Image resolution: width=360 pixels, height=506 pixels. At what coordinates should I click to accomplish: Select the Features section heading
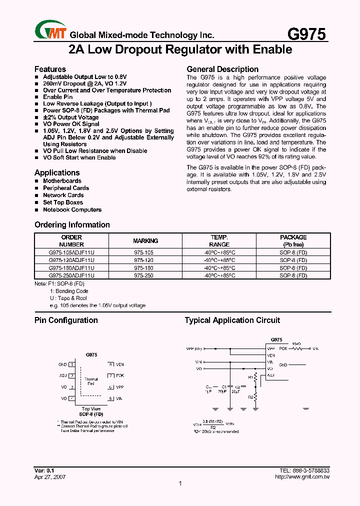click(x=50, y=69)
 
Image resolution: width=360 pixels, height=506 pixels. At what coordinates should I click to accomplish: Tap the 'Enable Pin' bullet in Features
click(x=57, y=97)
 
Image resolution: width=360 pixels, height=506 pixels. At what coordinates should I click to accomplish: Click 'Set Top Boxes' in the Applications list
click(x=62, y=202)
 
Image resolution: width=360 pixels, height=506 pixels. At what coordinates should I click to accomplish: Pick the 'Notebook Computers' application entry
click(x=72, y=209)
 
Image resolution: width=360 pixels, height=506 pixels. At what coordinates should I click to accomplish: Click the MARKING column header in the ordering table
click(x=145, y=241)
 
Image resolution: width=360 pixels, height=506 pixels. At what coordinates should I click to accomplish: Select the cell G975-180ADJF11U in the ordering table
click(x=71, y=267)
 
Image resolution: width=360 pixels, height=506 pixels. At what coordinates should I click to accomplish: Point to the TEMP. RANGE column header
click(x=219, y=241)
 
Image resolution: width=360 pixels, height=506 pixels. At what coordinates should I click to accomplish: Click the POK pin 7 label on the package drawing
click(x=119, y=375)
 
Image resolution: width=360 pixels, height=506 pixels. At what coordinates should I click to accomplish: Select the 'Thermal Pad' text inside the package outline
click(x=91, y=381)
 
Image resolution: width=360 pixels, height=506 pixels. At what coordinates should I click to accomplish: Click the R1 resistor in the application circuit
click(x=255, y=376)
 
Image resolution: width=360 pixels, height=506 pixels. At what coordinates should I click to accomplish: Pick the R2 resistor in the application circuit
click(x=255, y=397)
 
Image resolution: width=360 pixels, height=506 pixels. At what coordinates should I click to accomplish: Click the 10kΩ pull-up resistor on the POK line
click(x=296, y=348)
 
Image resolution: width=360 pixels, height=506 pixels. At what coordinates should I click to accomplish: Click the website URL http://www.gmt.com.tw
click(x=302, y=477)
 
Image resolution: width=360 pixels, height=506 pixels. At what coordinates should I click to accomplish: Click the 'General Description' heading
click(x=222, y=69)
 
